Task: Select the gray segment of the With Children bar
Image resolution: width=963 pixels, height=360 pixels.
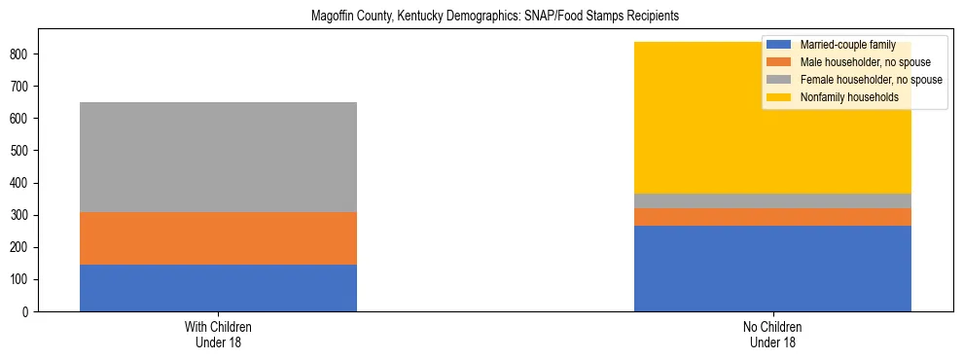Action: (x=218, y=157)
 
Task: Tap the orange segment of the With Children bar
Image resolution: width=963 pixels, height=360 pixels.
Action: (x=218, y=238)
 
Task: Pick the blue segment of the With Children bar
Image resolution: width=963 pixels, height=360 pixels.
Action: (x=218, y=288)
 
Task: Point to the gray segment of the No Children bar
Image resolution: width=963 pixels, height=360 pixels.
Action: (x=772, y=200)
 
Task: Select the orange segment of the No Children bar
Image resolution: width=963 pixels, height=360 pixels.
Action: (x=772, y=217)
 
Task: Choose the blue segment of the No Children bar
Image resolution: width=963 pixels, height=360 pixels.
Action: (x=772, y=269)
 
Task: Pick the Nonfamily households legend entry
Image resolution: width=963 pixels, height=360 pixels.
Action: (x=842, y=97)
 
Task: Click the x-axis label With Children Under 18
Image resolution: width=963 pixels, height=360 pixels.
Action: (x=218, y=335)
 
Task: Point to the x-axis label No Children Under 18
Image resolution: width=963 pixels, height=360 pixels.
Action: (x=772, y=335)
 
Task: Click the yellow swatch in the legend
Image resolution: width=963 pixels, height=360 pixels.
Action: (x=780, y=97)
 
